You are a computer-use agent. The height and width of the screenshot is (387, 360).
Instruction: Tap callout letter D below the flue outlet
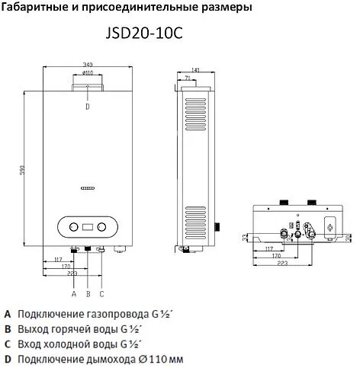[x=87, y=107]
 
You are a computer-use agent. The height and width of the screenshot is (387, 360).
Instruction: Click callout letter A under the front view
[x=74, y=293]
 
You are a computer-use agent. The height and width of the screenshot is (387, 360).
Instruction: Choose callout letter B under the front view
[x=88, y=293]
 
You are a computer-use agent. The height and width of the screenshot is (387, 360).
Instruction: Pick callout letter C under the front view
[x=101, y=293]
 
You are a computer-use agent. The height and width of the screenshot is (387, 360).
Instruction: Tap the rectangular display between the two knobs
[x=87, y=226]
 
